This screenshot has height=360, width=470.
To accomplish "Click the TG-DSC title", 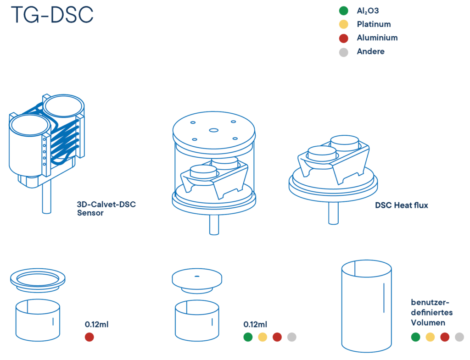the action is click(x=52, y=15).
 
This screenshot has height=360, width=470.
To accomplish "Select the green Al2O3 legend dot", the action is click(x=343, y=11).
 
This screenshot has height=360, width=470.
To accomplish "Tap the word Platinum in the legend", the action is click(x=374, y=24).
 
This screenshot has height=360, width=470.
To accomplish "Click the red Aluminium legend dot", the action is click(x=343, y=38).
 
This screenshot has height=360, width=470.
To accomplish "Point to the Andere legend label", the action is click(x=370, y=51).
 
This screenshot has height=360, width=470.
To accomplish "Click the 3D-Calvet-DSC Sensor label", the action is click(x=106, y=209).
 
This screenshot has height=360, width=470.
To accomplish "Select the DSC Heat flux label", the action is click(x=401, y=205).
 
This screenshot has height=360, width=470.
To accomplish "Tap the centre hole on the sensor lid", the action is click(x=214, y=130).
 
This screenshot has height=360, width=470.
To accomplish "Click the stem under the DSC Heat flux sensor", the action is click(x=333, y=213).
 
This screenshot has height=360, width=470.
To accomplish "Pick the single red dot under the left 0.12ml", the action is click(x=90, y=337).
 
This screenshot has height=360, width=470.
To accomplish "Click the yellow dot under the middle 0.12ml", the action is click(x=263, y=337).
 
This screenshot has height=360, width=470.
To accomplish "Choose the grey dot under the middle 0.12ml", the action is click(x=291, y=337).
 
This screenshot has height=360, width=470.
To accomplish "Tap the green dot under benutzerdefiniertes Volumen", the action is click(x=415, y=337).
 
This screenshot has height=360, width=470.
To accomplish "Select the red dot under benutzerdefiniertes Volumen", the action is click(x=445, y=337).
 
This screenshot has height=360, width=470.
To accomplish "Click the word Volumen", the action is click(x=428, y=322).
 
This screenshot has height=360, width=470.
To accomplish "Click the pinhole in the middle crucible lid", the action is click(x=197, y=276).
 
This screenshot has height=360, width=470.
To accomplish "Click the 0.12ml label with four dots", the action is click(x=255, y=324).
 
